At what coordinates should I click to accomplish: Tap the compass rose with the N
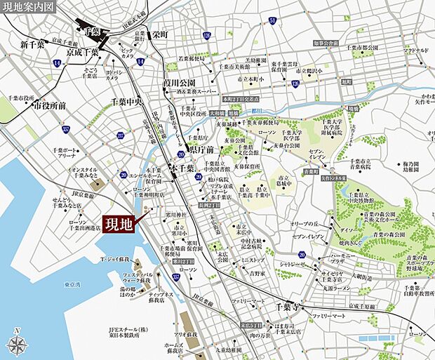(x=17, y=344)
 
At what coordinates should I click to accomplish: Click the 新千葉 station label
(x=32, y=45)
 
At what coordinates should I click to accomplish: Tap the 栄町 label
(x=160, y=32)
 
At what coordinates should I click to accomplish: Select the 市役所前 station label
(x=49, y=105)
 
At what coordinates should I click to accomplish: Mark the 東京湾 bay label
(x=72, y=284)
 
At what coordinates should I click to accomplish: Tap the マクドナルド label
(x=417, y=51)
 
